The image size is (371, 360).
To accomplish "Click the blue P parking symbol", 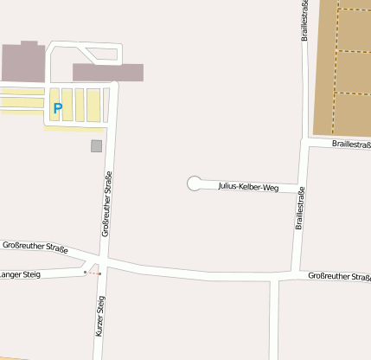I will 58,108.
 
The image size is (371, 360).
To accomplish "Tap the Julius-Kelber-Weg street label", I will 248,186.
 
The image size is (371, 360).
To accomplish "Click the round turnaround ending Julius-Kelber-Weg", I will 195,183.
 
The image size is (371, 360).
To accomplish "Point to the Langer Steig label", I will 19,275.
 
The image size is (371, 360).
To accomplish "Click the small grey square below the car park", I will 96,145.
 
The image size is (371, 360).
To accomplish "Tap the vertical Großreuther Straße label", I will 107,204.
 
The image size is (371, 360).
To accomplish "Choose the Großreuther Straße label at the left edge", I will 35,247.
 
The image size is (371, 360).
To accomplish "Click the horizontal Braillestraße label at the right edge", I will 345,145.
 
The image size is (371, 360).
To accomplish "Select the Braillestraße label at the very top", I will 304,21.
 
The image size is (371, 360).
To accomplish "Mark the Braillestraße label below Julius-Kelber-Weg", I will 299,209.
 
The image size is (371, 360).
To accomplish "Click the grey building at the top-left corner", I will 22,61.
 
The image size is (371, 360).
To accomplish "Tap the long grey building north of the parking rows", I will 107,72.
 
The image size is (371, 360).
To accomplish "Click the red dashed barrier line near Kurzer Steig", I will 93,273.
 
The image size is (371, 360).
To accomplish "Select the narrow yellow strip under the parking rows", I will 73,128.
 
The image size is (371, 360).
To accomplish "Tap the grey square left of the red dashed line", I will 85,272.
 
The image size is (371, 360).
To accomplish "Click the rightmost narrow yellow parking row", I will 106,105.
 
